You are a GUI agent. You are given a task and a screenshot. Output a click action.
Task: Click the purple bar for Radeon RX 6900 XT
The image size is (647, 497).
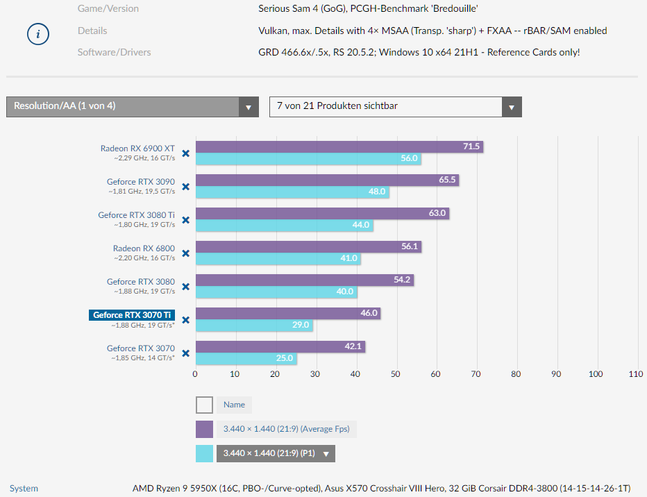point(339,146)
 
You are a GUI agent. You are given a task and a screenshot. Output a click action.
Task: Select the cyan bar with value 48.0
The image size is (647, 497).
point(292,192)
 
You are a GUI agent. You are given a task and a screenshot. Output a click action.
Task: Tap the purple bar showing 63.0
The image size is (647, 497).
point(322,213)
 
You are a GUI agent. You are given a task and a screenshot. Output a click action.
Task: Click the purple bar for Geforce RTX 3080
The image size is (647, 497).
point(304,280)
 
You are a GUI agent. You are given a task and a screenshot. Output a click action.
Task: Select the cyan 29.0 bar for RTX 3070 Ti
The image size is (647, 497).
point(254,325)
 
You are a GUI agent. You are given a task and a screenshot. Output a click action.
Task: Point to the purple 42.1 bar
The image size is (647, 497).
point(280,346)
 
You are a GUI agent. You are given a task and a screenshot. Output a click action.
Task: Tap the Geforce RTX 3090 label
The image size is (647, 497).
point(140,182)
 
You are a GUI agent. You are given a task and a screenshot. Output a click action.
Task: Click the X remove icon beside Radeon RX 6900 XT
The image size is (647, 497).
point(185,153)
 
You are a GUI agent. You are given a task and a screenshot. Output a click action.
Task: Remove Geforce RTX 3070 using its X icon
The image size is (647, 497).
point(185,353)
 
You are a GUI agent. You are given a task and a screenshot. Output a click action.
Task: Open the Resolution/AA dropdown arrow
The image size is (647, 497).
point(249,107)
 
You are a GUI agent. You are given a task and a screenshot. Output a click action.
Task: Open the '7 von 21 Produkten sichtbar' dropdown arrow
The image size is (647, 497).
point(512,107)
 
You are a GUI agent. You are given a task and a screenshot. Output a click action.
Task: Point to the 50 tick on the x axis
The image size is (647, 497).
point(395,374)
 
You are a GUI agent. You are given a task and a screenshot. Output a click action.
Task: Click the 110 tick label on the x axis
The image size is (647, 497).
point(635,374)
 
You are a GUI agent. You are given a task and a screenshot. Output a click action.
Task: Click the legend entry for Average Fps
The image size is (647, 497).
point(286,429)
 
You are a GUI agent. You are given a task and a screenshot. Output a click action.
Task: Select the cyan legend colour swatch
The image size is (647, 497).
point(204,453)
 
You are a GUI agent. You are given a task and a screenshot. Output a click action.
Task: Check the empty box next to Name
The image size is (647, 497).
point(204,405)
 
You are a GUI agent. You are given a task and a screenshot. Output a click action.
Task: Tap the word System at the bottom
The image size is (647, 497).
point(24,488)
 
